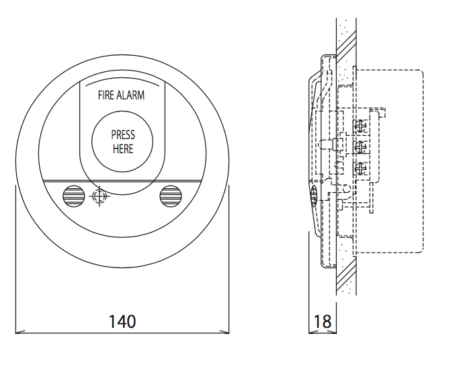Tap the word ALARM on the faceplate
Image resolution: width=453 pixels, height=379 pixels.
(x=130, y=95)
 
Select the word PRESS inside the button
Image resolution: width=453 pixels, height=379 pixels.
(x=123, y=135)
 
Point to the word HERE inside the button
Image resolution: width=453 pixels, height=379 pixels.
(x=123, y=149)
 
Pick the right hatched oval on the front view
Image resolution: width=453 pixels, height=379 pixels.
(x=170, y=196)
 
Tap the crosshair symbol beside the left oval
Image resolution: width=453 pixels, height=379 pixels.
(x=98, y=197)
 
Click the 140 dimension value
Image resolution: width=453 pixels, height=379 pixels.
(x=122, y=321)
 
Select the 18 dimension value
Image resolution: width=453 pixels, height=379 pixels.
(x=323, y=321)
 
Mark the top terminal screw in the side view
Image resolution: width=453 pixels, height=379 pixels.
(x=362, y=125)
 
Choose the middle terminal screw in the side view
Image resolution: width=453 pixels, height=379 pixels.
(x=362, y=147)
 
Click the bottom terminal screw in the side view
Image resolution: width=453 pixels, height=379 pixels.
(x=362, y=169)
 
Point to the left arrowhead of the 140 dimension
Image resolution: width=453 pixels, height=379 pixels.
(x=18, y=331)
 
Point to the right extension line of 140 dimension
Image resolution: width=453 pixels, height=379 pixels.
(x=229, y=262)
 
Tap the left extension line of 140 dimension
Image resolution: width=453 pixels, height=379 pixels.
(x=15, y=262)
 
